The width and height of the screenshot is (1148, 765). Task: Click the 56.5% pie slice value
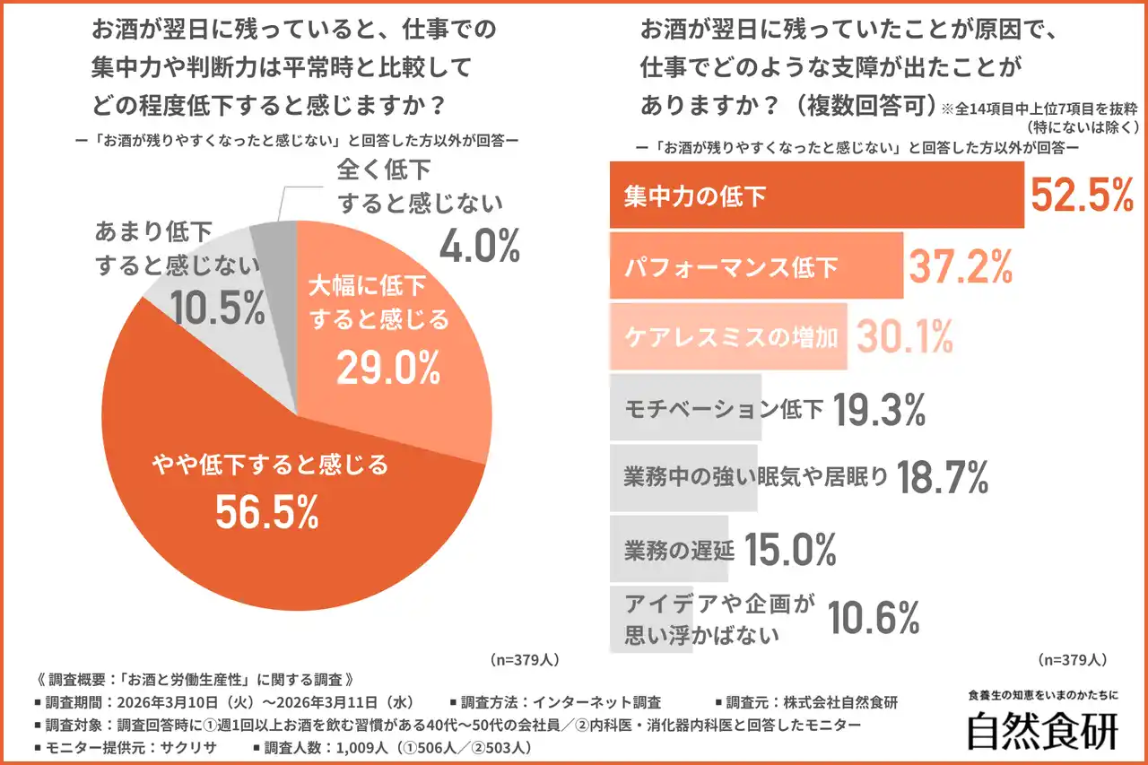(x=267, y=512)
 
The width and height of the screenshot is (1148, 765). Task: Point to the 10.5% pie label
(x=217, y=308)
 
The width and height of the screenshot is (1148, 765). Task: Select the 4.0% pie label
(x=479, y=244)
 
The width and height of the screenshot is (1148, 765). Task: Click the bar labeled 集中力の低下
(x=816, y=196)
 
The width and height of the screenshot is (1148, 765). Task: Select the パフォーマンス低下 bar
(x=756, y=265)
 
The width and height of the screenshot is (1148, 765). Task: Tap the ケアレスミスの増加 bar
(x=727, y=336)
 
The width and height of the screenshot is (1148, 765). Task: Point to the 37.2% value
(x=961, y=265)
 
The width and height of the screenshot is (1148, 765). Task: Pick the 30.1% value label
(x=902, y=337)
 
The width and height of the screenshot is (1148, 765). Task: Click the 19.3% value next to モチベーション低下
(x=880, y=410)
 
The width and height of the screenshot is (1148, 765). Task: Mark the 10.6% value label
(x=874, y=618)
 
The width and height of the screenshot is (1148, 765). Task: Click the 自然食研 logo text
(x=1042, y=731)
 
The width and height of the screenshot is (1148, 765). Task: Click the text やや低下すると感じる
(x=267, y=465)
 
